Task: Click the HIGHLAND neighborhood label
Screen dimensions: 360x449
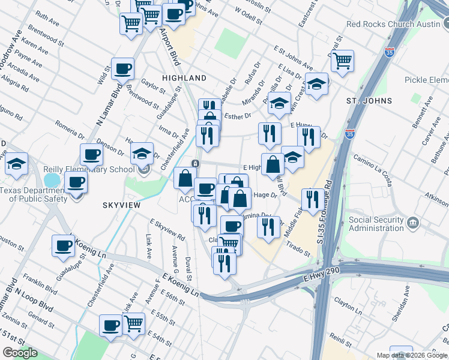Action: [185, 78]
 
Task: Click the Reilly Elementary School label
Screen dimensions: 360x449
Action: [89, 169]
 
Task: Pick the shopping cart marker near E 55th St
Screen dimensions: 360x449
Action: [133, 323]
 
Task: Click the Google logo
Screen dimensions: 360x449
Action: [20, 353]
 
